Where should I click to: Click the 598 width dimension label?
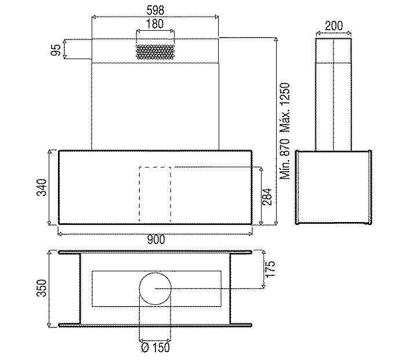[x=155, y=10]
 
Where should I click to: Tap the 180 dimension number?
[x=155, y=24]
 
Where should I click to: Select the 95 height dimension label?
[x=56, y=50]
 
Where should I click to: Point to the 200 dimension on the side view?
[x=333, y=26]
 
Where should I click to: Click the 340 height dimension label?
[x=41, y=187]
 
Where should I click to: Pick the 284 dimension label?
[x=267, y=197]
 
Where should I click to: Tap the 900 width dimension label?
[x=156, y=239]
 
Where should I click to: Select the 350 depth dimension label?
[x=41, y=288]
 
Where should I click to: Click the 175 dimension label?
[x=269, y=269]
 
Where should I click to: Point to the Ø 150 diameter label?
[x=155, y=347]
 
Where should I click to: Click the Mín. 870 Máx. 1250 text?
[x=285, y=131]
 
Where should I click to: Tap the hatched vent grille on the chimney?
[x=155, y=52]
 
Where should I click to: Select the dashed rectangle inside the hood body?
[x=140, y=195]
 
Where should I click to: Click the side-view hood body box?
[x=296, y=187]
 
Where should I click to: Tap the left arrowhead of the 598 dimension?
[x=94, y=17]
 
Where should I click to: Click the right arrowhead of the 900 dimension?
[x=251, y=234]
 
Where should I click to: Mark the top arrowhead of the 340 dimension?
[x=50, y=151]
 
